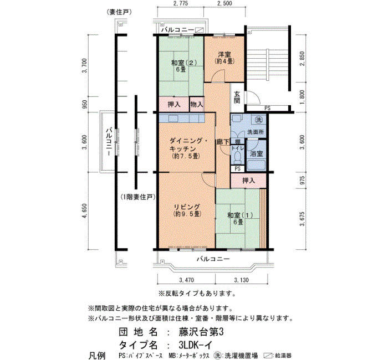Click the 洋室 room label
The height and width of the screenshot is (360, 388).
point(224,54)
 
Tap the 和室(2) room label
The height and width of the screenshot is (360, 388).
point(184,63)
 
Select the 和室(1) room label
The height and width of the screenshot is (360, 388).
point(240,215)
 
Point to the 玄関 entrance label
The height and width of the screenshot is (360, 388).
point(237,97)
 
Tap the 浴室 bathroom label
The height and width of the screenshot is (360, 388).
point(256,153)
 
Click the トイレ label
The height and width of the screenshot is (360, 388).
point(238,148)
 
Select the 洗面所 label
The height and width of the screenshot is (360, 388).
point(256,132)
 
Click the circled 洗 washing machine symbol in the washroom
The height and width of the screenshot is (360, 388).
point(259,120)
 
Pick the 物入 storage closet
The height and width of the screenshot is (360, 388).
point(197,104)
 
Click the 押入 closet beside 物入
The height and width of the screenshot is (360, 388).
point(174,104)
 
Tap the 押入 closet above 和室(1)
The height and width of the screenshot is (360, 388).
point(248,181)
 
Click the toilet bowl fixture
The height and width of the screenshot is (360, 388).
point(238,157)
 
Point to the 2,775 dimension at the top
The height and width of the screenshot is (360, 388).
point(181,3)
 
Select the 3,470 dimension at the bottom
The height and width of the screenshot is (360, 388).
point(186,280)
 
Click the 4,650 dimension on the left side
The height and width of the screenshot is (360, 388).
point(85,211)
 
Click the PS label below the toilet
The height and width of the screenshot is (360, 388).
point(238,169)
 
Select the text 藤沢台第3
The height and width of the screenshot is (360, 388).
point(201,332)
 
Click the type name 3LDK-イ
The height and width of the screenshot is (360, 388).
point(195,344)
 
